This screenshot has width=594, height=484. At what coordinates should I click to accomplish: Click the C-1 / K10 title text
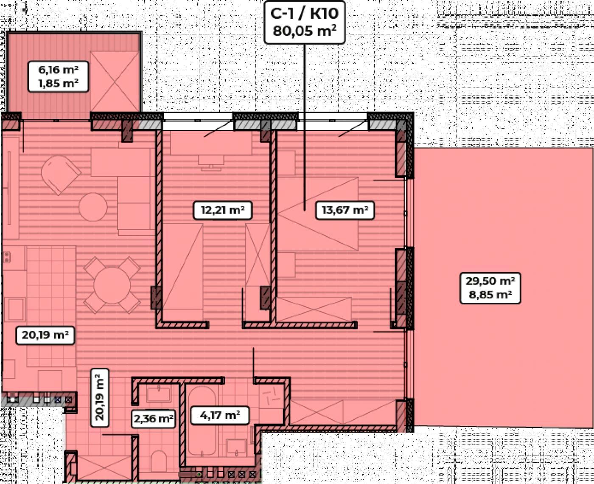[305, 13]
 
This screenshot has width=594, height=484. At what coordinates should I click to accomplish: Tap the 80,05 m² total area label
[305, 31]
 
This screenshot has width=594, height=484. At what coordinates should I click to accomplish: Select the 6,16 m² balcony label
[58, 70]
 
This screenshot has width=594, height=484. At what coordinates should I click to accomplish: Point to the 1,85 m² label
[58, 83]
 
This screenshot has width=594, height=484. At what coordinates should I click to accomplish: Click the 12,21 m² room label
[223, 210]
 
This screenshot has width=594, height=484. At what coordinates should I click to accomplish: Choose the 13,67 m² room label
[345, 210]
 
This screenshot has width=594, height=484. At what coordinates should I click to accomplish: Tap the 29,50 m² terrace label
[490, 281]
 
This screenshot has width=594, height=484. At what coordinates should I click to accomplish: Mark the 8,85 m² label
[490, 295]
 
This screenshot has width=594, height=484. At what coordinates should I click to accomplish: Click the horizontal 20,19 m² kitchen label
[45, 335]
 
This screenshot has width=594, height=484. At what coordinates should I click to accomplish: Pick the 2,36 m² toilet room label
[154, 419]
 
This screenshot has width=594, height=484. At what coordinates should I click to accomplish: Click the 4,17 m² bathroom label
[220, 415]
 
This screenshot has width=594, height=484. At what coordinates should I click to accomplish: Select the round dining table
[112, 285]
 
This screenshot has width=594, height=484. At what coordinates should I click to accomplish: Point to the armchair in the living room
[61, 174]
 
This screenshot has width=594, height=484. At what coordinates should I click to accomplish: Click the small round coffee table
[93, 207]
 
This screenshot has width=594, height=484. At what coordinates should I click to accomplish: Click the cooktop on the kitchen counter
[8, 257]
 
